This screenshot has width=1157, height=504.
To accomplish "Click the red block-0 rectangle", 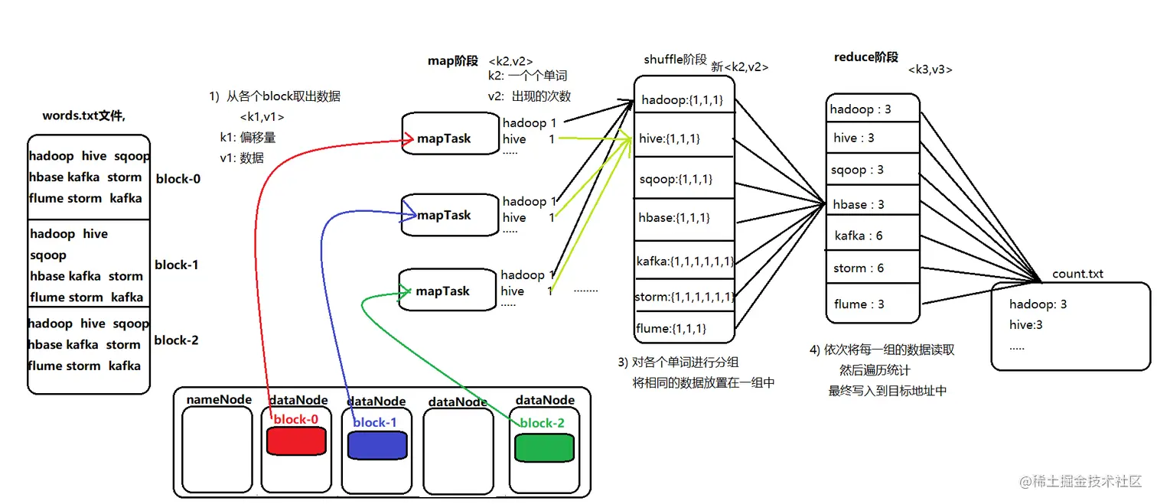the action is pos(296,441).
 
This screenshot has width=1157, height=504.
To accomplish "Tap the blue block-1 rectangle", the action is pos(377,446).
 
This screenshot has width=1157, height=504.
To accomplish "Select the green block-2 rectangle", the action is pos(544,447).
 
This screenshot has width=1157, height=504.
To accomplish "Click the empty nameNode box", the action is pos(217,449).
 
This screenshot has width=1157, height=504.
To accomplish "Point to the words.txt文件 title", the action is pos(83,115).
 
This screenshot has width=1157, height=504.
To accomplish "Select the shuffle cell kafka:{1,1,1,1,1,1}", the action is pos(684,260).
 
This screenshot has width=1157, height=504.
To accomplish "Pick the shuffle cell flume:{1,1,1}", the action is pos(684,327).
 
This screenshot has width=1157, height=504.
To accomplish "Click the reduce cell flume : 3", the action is pos(873,303).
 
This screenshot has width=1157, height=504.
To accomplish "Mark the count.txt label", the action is pos(1077,274).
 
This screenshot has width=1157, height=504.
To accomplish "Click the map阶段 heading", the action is pos(453,61).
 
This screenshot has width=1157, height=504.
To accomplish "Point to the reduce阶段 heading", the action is pos(866,57).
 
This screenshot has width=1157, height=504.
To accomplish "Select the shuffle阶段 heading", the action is pos(675,60).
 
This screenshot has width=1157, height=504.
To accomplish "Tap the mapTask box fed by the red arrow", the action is pos(450,133).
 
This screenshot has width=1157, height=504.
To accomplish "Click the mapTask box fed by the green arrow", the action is pos(448,289).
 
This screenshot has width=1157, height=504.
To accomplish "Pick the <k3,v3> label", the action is pos(930,69).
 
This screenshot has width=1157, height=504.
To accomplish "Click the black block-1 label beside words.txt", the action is pos(177,265).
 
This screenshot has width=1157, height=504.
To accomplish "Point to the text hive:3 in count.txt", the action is pos(1026,325).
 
